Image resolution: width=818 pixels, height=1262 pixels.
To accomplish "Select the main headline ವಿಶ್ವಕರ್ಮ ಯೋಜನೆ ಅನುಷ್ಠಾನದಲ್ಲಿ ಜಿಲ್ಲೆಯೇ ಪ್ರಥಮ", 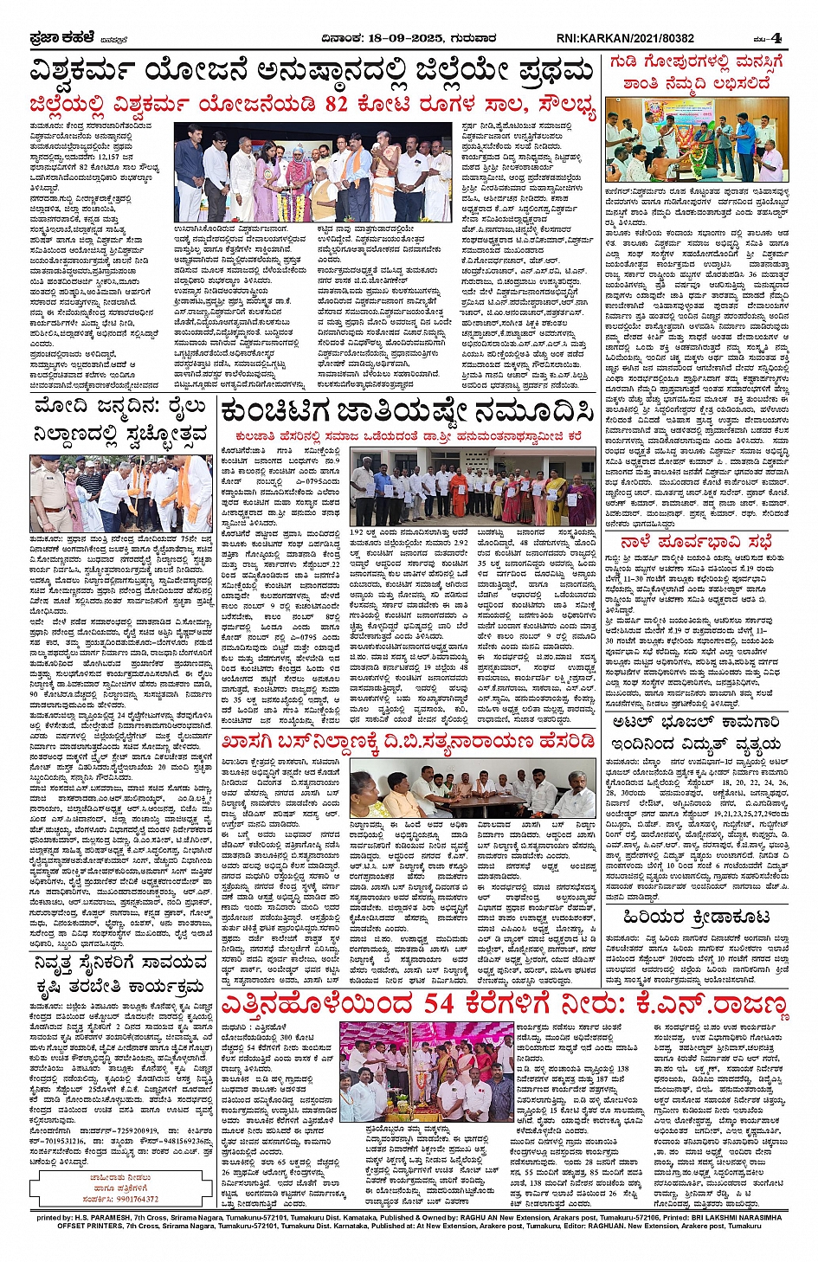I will click(312, 71).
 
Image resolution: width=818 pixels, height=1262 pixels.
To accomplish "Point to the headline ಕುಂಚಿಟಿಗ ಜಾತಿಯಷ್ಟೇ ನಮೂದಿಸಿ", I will click(406, 412).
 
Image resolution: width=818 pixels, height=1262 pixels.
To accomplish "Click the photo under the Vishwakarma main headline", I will click(316, 173).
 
